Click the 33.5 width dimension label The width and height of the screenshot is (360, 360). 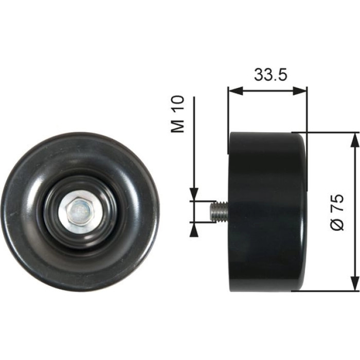[271, 75]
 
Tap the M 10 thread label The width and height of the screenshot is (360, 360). [177, 114]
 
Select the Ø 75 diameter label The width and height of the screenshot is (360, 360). [337, 212]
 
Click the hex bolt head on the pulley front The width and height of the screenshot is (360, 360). [80, 211]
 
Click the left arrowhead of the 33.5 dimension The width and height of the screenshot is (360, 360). [236, 91]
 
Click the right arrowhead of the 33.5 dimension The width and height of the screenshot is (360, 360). [299, 91]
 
